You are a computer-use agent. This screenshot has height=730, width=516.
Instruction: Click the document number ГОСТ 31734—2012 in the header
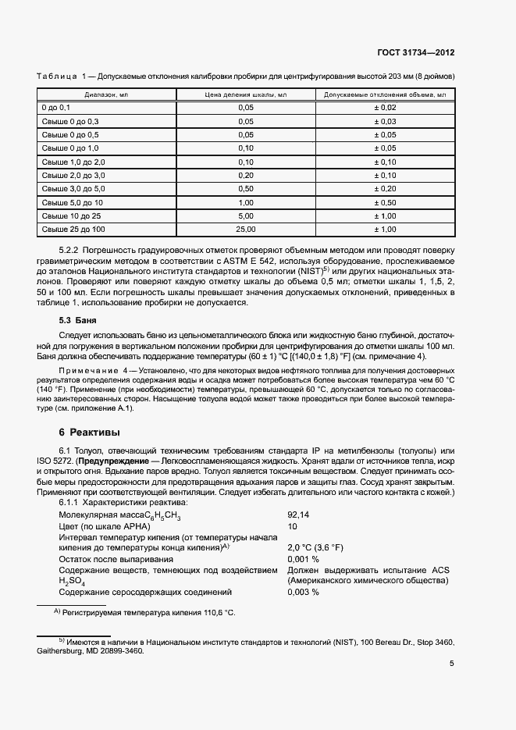click(416, 52)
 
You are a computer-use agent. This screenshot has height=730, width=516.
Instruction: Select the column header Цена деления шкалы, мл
click(246, 94)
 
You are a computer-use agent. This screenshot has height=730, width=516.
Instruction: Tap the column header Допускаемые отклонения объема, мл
click(385, 94)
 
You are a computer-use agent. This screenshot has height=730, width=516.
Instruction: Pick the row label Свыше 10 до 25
click(71, 215)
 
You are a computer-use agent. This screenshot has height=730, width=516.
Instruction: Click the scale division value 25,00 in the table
click(246, 230)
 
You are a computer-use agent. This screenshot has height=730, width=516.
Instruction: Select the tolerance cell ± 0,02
click(385, 107)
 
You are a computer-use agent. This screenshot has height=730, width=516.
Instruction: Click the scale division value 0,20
click(246, 175)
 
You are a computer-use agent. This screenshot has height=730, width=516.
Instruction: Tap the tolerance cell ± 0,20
click(385, 189)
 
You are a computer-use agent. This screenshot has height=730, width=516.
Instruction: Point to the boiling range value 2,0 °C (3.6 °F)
click(316, 548)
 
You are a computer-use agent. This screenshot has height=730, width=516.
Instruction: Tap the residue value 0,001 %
click(303, 559)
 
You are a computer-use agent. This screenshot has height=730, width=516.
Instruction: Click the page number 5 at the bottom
click(452, 664)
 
